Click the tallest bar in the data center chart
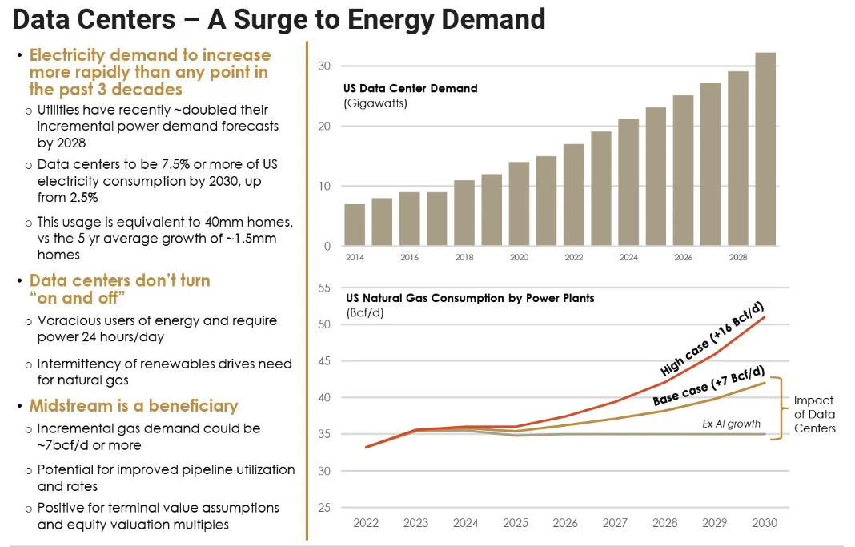(765, 149)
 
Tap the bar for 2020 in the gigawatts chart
(519, 204)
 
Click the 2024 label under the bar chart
(628, 259)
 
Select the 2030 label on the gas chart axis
(765, 523)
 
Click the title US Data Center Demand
(410, 88)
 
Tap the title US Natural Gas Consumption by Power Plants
(468, 298)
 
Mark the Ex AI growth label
(732, 424)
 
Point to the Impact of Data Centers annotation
(814, 414)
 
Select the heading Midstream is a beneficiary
(134, 405)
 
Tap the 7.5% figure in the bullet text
(181, 164)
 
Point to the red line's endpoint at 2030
(765, 317)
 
